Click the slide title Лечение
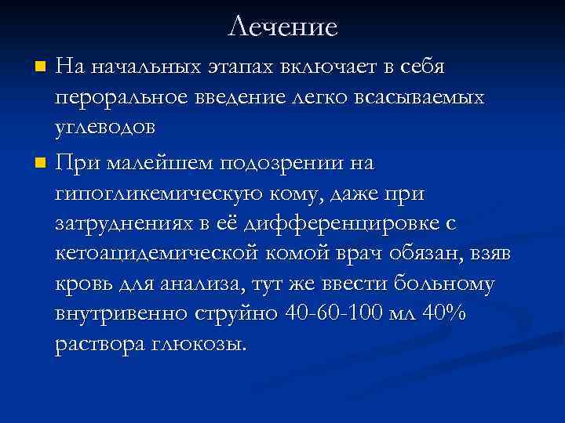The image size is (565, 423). [282, 28]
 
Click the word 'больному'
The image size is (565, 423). [448, 283]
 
